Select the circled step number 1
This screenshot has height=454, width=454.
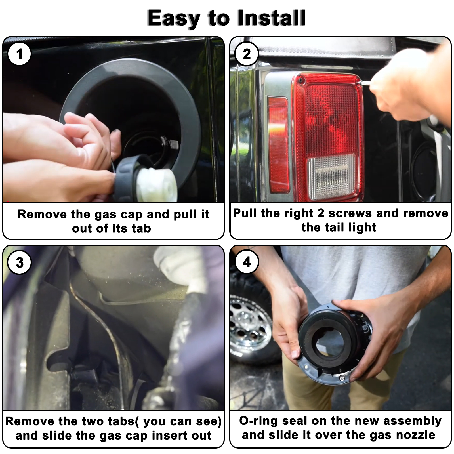[x=19, y=54]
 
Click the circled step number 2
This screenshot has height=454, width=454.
[x=247, y=54]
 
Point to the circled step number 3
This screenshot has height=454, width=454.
[x=20, y=262]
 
